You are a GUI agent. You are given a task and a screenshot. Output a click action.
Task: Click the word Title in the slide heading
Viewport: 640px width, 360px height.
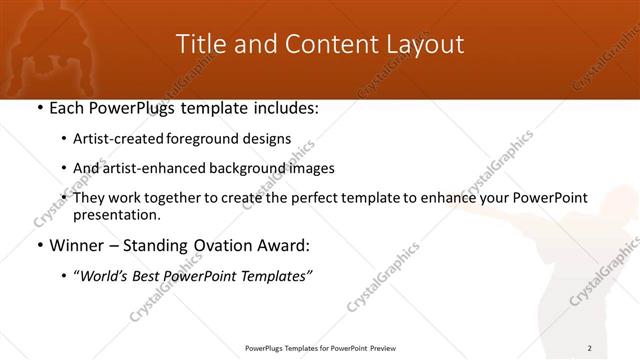[200, 44]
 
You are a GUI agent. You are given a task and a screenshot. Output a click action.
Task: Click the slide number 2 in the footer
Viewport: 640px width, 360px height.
[590, 348]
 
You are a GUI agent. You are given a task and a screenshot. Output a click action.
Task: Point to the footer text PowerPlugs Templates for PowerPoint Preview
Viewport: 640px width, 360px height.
[319, 348]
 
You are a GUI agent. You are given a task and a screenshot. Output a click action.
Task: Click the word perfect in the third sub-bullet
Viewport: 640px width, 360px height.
[307, 197]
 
